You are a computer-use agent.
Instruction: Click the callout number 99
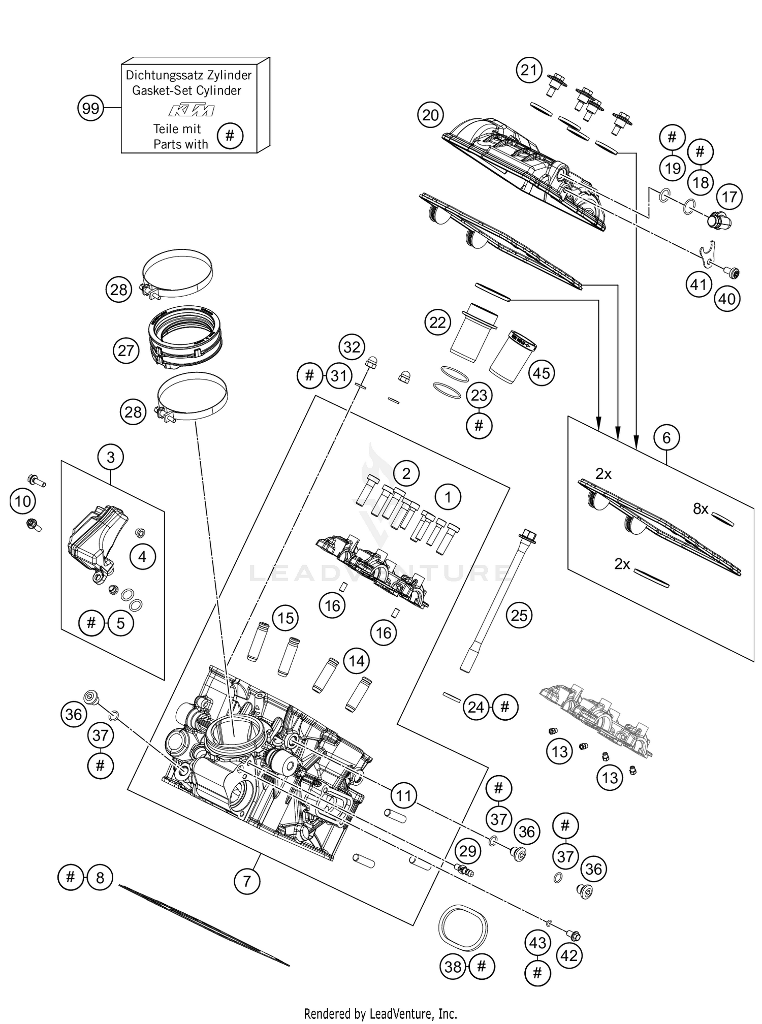pos(90,109)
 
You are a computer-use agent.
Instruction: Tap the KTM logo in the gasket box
pos(191,110)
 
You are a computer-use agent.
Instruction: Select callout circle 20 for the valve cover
pos(430,115)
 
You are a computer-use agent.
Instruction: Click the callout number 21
pos(529,71)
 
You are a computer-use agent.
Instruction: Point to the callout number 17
pos(729,197)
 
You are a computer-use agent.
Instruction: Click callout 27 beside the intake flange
pos(125,350)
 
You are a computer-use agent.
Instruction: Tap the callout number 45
pos(541,373)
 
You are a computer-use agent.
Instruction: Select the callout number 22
pos(437,323)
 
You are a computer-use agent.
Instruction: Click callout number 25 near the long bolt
pos(519,616)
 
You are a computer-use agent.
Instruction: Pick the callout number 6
pos(666,437)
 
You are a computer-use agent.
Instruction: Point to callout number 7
pos(247,881)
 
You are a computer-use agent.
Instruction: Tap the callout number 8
pos(100,877)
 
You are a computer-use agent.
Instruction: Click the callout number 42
pos(568,956)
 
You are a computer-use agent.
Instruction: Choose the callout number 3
pos(111,457)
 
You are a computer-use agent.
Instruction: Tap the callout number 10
pos(22,502)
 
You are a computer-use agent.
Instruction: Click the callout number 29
pos(467,851)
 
